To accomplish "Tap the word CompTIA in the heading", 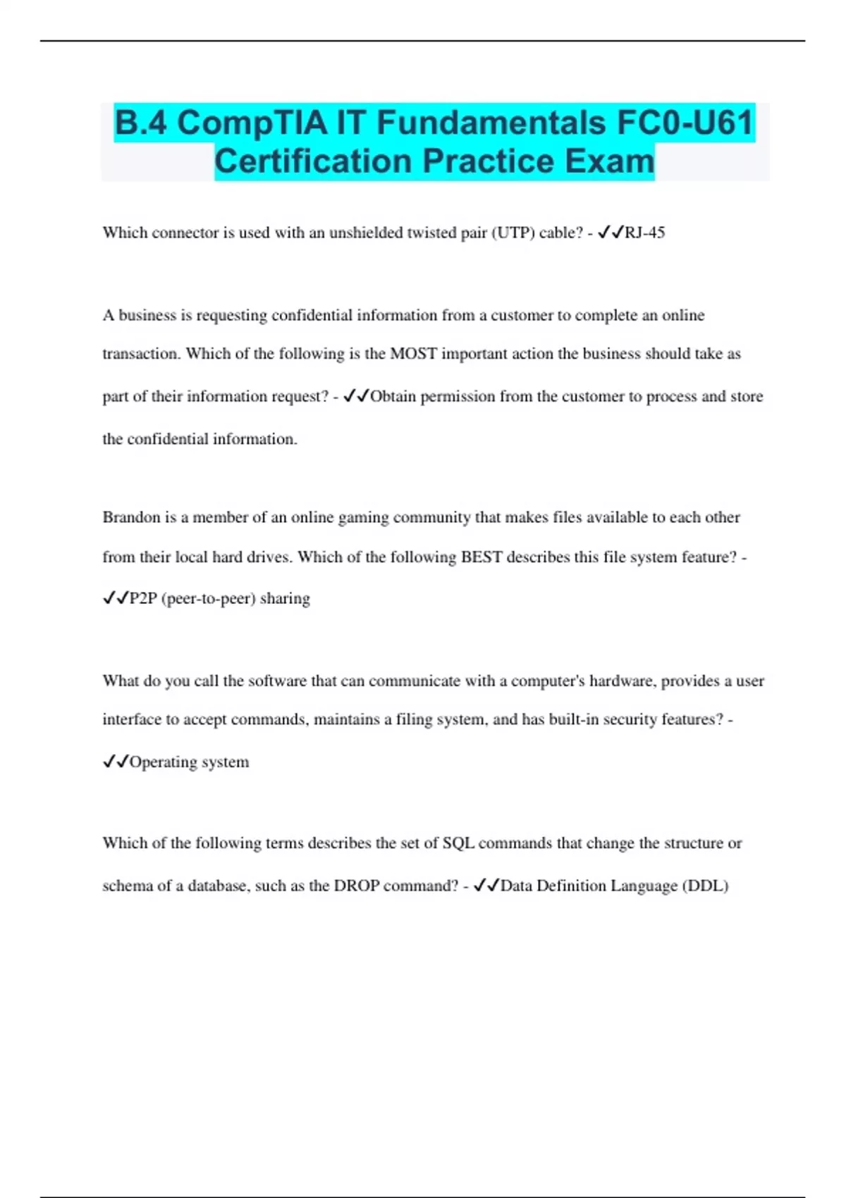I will pyautogui.click(x=252, y=123).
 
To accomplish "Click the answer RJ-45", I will pyautogui.click(x=644, y=233).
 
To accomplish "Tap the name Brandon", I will pyautogui.click(x=132, y=517).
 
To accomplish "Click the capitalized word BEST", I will pyautogui.click(x=482, y=557).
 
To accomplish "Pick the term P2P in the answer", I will pyautogui.click(x=143, y=598).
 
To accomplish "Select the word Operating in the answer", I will pyautogui.click(x=163, y=762).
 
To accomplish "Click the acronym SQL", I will pyautogui.click(x=458, y=843).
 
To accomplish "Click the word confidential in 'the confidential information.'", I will pyautogui.click(x=168, y=439).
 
